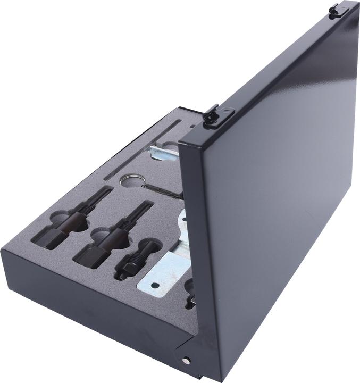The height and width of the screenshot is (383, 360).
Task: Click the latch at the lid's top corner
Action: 336,11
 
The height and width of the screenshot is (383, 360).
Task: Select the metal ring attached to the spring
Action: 131,181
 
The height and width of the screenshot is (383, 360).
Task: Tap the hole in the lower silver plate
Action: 155,285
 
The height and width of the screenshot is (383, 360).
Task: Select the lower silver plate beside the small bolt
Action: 162,274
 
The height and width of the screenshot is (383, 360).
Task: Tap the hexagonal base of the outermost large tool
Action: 53,237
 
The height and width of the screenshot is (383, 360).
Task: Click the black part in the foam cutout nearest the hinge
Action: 190,301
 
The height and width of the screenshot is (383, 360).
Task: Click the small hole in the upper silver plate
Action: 184,235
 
